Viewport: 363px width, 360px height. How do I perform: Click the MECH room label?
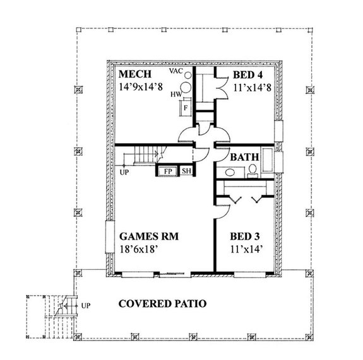[x=134, y=75]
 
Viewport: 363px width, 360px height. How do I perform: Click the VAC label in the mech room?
[x=177, y=71]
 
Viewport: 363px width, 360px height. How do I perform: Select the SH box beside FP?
[x=187, y=170]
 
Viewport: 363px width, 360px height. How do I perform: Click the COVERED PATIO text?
[x=163, y=303]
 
